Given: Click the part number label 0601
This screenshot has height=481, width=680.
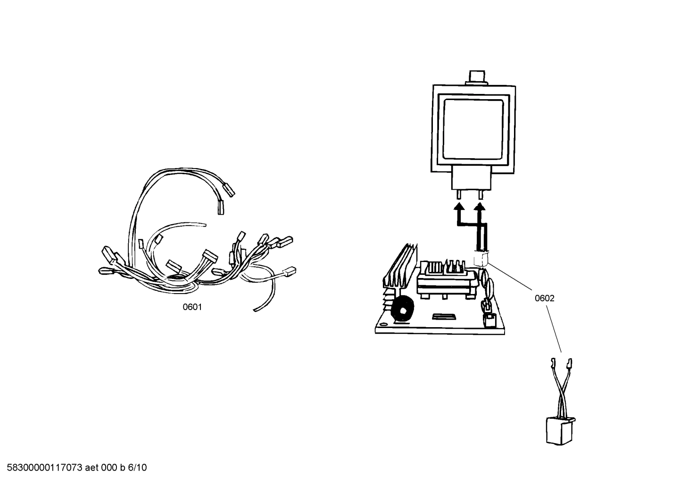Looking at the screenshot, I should (x=192, y=307).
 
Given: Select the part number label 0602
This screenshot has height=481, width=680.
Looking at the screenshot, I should (x=544, y=298).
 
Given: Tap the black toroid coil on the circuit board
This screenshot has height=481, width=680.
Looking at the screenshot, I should (x=402, y=310).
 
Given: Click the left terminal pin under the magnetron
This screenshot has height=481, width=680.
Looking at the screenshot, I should (x=458, y=195).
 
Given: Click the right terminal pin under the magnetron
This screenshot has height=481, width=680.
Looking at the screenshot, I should (x=481, y=195).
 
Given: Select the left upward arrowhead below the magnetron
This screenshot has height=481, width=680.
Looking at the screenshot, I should (x=458, y=206).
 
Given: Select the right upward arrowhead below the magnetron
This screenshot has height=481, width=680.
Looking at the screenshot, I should (x=481, y=206).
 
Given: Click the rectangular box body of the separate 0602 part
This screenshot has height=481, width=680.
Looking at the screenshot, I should (x=559, y=431).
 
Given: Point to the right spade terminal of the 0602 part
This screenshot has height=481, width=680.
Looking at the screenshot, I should (x=569, y=363).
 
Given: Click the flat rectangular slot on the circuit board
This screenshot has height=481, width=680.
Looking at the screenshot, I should (x=444, y=315).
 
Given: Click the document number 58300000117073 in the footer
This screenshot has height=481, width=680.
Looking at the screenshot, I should (x=42, y=468).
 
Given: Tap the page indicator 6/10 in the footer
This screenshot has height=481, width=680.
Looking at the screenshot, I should (x=137, y=468).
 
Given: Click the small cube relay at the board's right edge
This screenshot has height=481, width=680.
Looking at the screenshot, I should (x=489, y=321).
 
